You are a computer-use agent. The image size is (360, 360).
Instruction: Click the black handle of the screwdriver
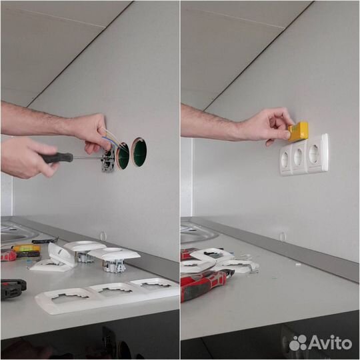(x=57, y=158)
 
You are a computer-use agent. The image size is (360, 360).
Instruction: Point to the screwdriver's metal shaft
(x=87, y=158)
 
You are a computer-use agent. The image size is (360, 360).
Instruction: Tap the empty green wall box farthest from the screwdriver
(x=139, y=152)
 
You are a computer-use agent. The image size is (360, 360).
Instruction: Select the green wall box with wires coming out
(x=123, y=156)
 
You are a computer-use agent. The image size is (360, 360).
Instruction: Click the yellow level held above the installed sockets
(x=298, y=131)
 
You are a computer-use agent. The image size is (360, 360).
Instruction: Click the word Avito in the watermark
(x=331, y=343)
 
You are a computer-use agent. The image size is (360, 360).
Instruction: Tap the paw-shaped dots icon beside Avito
(x=298, y=343)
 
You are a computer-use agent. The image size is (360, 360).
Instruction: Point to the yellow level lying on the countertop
(x=27, y=248)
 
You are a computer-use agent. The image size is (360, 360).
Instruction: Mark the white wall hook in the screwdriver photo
(x=102, y=236)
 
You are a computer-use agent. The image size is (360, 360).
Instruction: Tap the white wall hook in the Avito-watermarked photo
(x=282, y=237)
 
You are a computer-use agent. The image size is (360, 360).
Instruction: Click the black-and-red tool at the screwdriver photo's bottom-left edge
(x=13, y=289)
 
